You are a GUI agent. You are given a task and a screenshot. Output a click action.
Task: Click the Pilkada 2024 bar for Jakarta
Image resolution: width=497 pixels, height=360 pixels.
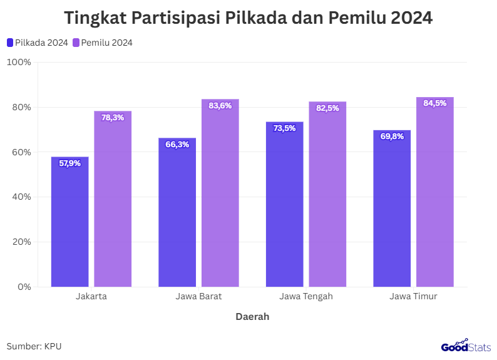coord(69,222)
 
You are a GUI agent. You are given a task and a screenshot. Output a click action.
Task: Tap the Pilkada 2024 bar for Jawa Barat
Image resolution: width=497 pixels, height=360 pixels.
coord(177,213)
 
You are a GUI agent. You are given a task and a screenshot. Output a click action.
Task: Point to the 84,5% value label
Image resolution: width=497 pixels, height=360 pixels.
coord(435,103)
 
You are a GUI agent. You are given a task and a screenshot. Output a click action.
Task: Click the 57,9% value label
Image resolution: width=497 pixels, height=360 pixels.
coord(70,163)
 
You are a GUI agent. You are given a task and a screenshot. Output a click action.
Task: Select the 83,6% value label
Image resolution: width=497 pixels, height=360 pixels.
coord(220,106)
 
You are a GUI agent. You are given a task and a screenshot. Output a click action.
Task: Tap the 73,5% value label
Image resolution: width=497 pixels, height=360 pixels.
coord(284,128)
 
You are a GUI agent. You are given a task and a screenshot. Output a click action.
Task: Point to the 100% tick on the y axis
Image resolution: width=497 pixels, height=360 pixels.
coord(19,62)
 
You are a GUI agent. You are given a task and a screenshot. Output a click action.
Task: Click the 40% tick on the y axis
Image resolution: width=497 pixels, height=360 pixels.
coord(21,197)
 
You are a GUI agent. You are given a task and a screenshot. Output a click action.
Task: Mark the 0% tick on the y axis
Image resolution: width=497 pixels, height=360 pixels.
coord(24,287)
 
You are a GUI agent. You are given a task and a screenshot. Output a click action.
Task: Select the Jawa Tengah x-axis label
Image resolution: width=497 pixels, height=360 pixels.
coord(306,296)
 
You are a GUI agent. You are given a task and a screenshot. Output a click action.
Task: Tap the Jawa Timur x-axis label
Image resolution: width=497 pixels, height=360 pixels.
coord(413,296)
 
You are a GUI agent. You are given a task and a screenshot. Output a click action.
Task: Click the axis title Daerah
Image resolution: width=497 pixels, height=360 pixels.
coord(252,317)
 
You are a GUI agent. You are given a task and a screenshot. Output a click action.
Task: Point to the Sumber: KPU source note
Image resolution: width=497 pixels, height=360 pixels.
coord(34,346)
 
